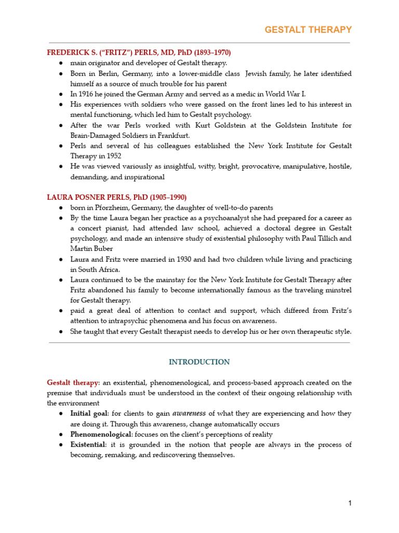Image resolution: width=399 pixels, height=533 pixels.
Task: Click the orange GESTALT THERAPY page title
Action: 308,30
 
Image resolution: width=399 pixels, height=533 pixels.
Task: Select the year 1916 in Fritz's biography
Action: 85,94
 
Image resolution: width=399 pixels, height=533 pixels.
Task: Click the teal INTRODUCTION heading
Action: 199,362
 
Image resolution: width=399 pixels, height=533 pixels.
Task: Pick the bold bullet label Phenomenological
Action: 101,434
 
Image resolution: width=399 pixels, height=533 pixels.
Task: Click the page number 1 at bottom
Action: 350,503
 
